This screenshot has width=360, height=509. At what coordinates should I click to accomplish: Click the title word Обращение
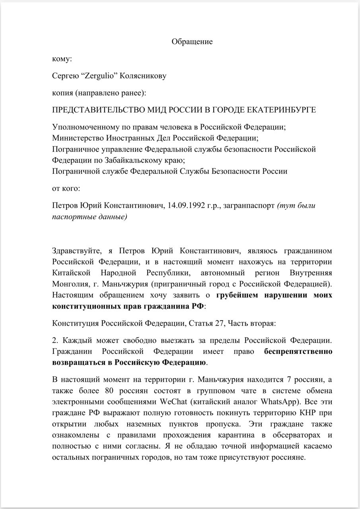point(192,42)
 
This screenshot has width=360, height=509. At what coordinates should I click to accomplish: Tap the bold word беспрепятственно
point(298,352)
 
